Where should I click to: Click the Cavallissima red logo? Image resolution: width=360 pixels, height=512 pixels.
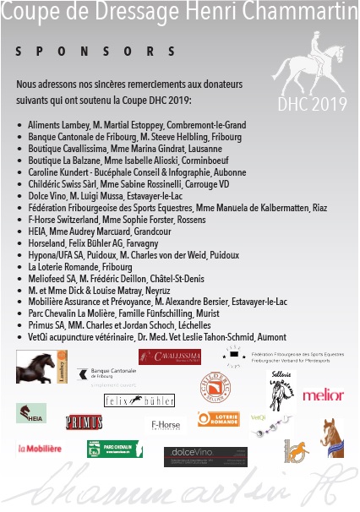tap(169, 357)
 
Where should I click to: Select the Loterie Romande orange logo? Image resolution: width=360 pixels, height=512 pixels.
tap(218, 418)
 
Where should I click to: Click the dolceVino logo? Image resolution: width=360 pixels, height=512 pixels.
tap(205, 456)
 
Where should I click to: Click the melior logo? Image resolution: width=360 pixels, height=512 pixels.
tap(323, 395)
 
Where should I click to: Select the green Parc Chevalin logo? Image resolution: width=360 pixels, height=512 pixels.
tap(114, 449)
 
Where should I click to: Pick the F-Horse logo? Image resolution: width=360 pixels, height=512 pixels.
tap(165, 425)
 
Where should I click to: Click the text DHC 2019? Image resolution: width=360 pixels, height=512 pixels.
tap(307, 105)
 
